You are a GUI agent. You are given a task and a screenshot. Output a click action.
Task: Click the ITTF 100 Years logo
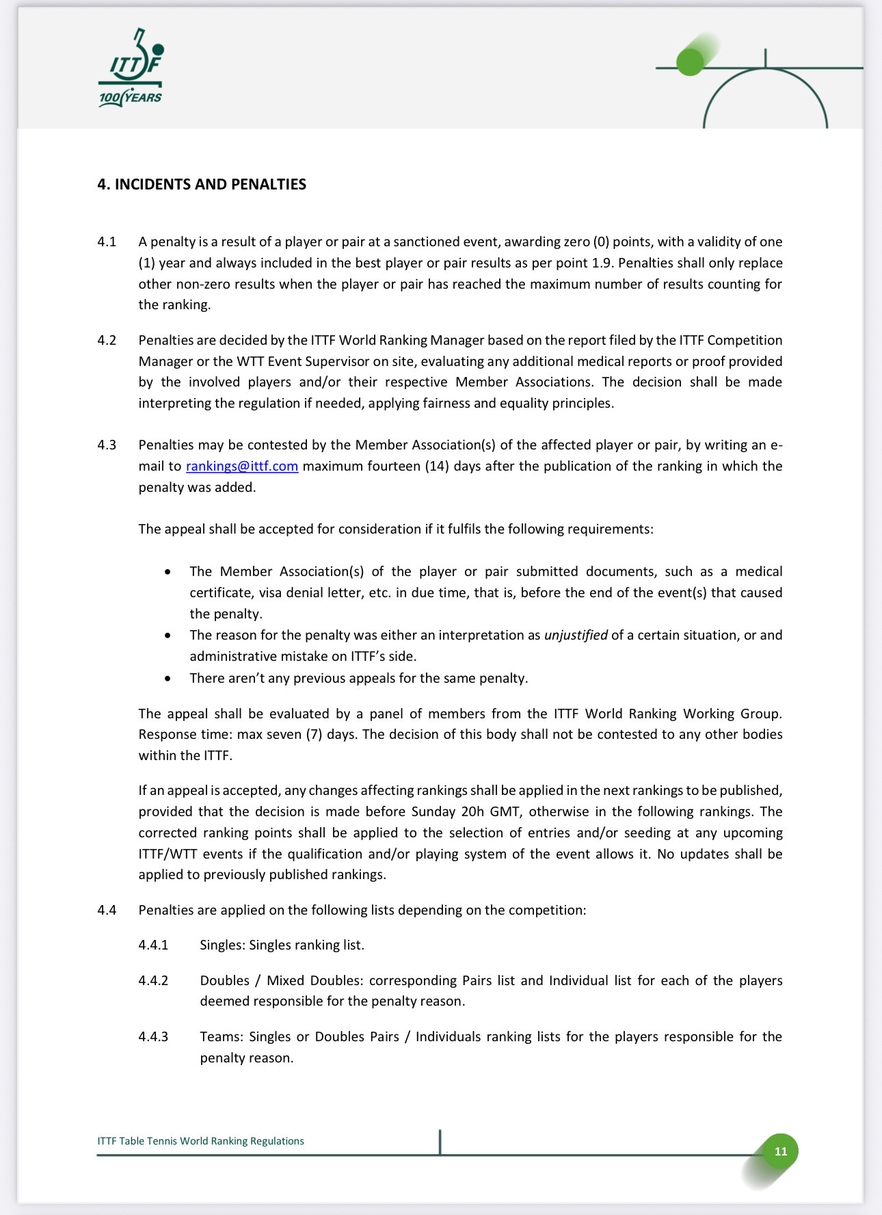pyautogui.click(x=131, y=68)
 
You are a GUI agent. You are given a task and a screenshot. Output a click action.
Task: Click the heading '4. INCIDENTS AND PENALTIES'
pyautogui.click(x=202, y=184)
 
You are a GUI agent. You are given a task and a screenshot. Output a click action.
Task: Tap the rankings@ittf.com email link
pyautogui.click(x=242, y=467)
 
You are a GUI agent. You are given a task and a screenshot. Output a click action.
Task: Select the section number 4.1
pyautogui.click(x=107, y=242)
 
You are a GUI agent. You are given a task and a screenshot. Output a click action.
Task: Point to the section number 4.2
pyautogui.click(x=107, y=341)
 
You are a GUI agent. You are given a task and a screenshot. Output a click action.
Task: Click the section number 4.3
pyautogui.click(x=107, y=445)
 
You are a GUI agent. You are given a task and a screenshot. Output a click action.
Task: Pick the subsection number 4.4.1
pyautogui.click(x=153, y=945)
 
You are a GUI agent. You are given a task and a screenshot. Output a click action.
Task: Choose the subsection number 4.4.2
pyautogui.click(x=153, y=981)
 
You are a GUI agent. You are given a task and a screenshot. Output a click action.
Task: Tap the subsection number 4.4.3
pyautogui.click(x=153, y=1037)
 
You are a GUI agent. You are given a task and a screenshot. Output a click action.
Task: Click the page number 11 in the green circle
pyautogui.click(x=780, y=1151)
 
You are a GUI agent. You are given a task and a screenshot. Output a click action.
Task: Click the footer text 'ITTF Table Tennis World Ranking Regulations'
pyautogui.click(x=200, y=1141)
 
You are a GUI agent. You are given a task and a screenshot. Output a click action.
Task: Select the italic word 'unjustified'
pyautogui.click(x=576, y=636)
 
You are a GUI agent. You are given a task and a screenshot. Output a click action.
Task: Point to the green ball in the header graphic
pyautogui.click(x=690, y=62)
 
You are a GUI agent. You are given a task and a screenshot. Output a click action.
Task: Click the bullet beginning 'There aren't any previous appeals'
pyautogui.click(x=358, y=679)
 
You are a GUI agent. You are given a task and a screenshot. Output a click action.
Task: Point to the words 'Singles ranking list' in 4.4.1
pyautogui.click(x=306, y=945)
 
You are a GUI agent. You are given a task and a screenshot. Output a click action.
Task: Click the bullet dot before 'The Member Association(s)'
pyautogui.click(x=168, y=572)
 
